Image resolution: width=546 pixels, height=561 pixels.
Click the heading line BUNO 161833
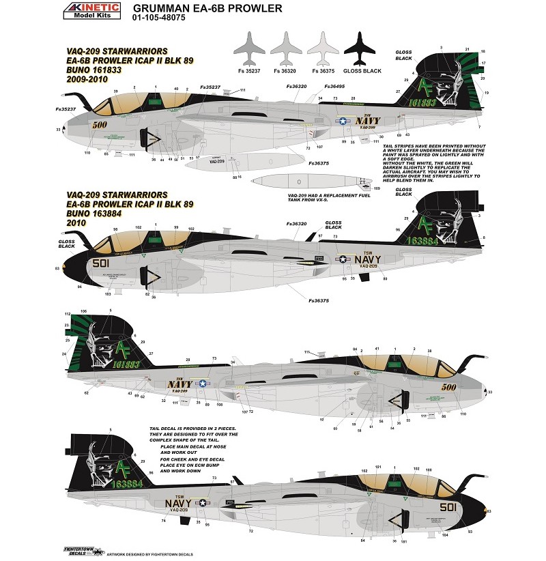pyautogui.click(x=95, y=79)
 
